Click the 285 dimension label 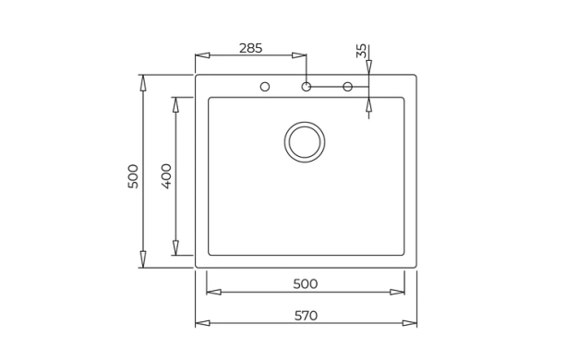250,48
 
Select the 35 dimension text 361,51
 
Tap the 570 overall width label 306,316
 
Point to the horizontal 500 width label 306,284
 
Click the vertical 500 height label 133,176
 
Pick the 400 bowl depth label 166,176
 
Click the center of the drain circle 305,142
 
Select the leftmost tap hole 265,87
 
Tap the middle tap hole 307,87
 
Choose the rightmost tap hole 348,87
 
